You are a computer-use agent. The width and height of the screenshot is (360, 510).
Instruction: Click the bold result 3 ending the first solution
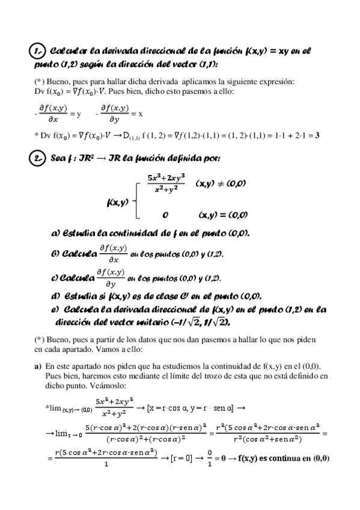(x=317, y=136)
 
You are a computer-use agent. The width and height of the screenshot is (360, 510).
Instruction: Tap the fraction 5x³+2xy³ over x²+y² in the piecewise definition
(x=166, y=183)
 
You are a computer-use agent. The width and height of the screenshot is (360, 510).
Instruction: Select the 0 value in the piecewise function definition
(x=165, y=214)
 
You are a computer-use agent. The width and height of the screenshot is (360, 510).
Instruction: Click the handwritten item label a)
(x=55, y=233)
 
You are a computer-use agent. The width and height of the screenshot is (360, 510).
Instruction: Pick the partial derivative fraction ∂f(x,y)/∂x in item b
(x=113, y=253)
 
